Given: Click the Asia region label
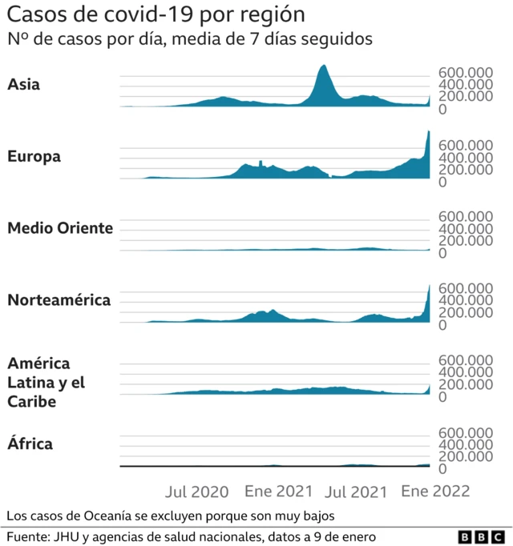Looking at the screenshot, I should pyautogui.click(x=23, y=85).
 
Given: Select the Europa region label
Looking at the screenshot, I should pyautogui.click(x=34, y=157).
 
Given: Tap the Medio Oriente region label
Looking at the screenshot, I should pyautogui.click(x=60, y=229).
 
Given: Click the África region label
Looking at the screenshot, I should pyautogui.click(x=30, y=444).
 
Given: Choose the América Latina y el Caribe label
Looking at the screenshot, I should pyautogui.click(x=46, y=383).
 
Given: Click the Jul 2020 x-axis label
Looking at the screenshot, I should pyautogui.click(x=196, y=492).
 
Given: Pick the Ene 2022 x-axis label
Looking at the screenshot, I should pyautogui.click(x=435, y=492).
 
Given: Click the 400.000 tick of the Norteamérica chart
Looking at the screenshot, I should pyautogui.click(x=465, y=300).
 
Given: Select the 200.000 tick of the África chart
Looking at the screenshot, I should pyautogui.click(x=465, y=456).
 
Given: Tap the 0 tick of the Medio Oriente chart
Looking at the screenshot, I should pyautogui.click(x=442, y=253).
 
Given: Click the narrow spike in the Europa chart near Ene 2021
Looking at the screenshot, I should pyautogui.click(x=261, y=163).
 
